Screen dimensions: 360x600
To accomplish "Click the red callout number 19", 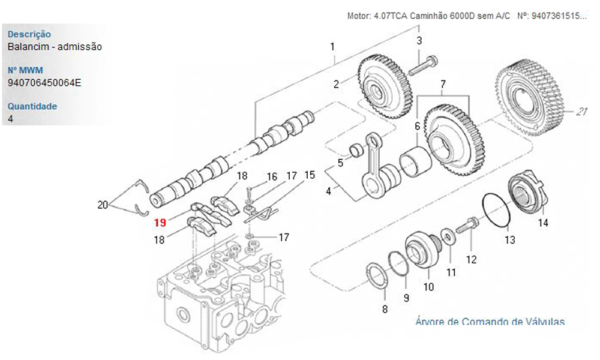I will click(160, 223).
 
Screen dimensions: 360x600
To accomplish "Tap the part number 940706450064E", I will click(45, 82).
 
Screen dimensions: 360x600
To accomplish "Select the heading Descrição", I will click(29, 34).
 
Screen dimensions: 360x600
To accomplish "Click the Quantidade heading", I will click(32, 106).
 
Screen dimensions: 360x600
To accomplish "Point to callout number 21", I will click(581, 112).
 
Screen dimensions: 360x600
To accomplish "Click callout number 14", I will click(542, 223).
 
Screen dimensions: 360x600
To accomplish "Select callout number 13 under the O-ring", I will click(509, 240).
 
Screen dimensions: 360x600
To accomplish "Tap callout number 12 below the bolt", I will click(472, 260).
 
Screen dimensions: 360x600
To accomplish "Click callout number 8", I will click(385, 309).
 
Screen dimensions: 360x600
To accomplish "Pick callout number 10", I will click(428, 287).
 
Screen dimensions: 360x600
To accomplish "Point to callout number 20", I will click(103, 205).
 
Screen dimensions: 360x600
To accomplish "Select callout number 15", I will click(310, 175).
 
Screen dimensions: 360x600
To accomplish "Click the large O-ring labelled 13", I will click(497, 211).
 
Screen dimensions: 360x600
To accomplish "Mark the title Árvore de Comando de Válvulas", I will click(490, 322).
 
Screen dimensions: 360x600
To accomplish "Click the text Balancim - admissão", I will click(55, 46).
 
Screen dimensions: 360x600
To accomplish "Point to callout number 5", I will click(340, 163).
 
